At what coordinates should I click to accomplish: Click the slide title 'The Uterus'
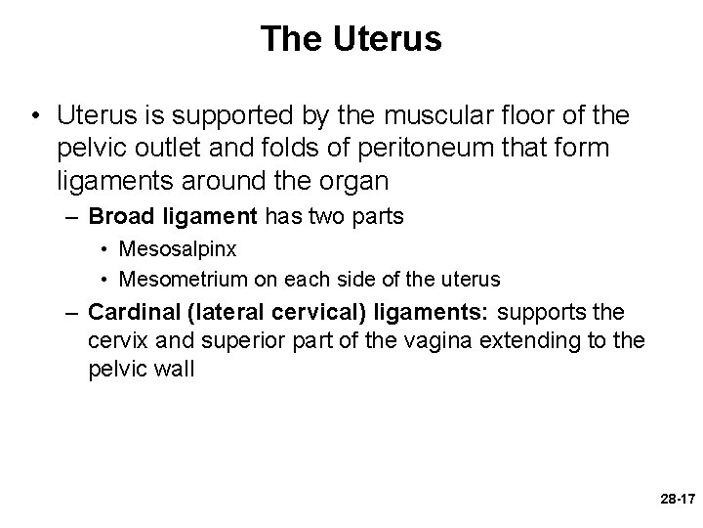351,39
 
